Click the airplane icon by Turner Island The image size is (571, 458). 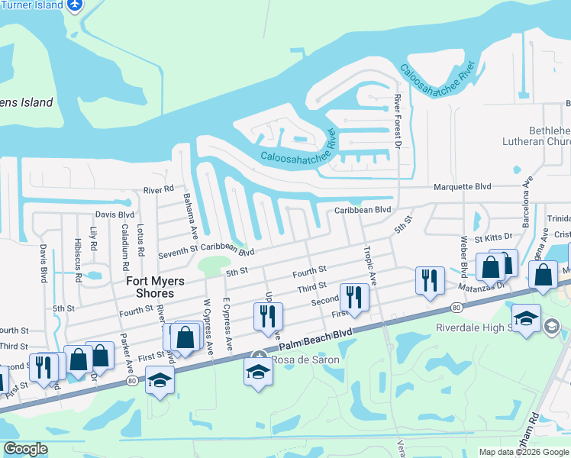coord(74,6)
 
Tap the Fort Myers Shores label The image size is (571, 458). coord(150,287)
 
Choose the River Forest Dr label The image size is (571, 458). coord(397,121)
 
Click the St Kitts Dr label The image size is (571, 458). coord(493,238)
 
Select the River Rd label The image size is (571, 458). coord(159,189)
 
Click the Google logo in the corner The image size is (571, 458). coord(25,449)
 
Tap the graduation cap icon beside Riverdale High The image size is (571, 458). coord(526,318)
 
